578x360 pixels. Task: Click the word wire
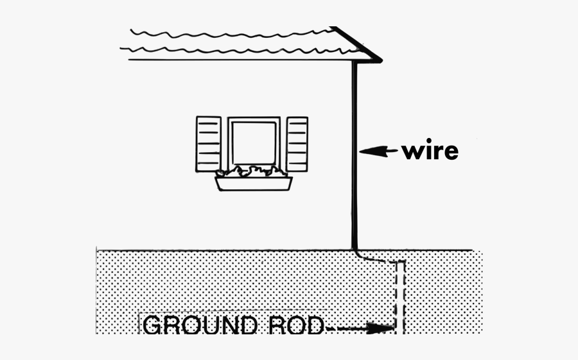(430, 151)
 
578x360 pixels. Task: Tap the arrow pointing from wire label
(378, 151)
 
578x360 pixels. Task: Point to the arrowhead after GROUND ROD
(385, 329)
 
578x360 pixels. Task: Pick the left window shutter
(208, 144)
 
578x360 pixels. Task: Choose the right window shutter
(297, 144)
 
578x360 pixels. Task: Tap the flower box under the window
(253, 184)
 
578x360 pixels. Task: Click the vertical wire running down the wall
(355, 154)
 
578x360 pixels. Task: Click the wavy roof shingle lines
(231, 40)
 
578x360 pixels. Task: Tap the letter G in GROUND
(153, 326)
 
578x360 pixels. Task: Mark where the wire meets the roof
(355, 63)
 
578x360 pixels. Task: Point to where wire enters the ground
(355, 249)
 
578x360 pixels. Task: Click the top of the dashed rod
(399, 262)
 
